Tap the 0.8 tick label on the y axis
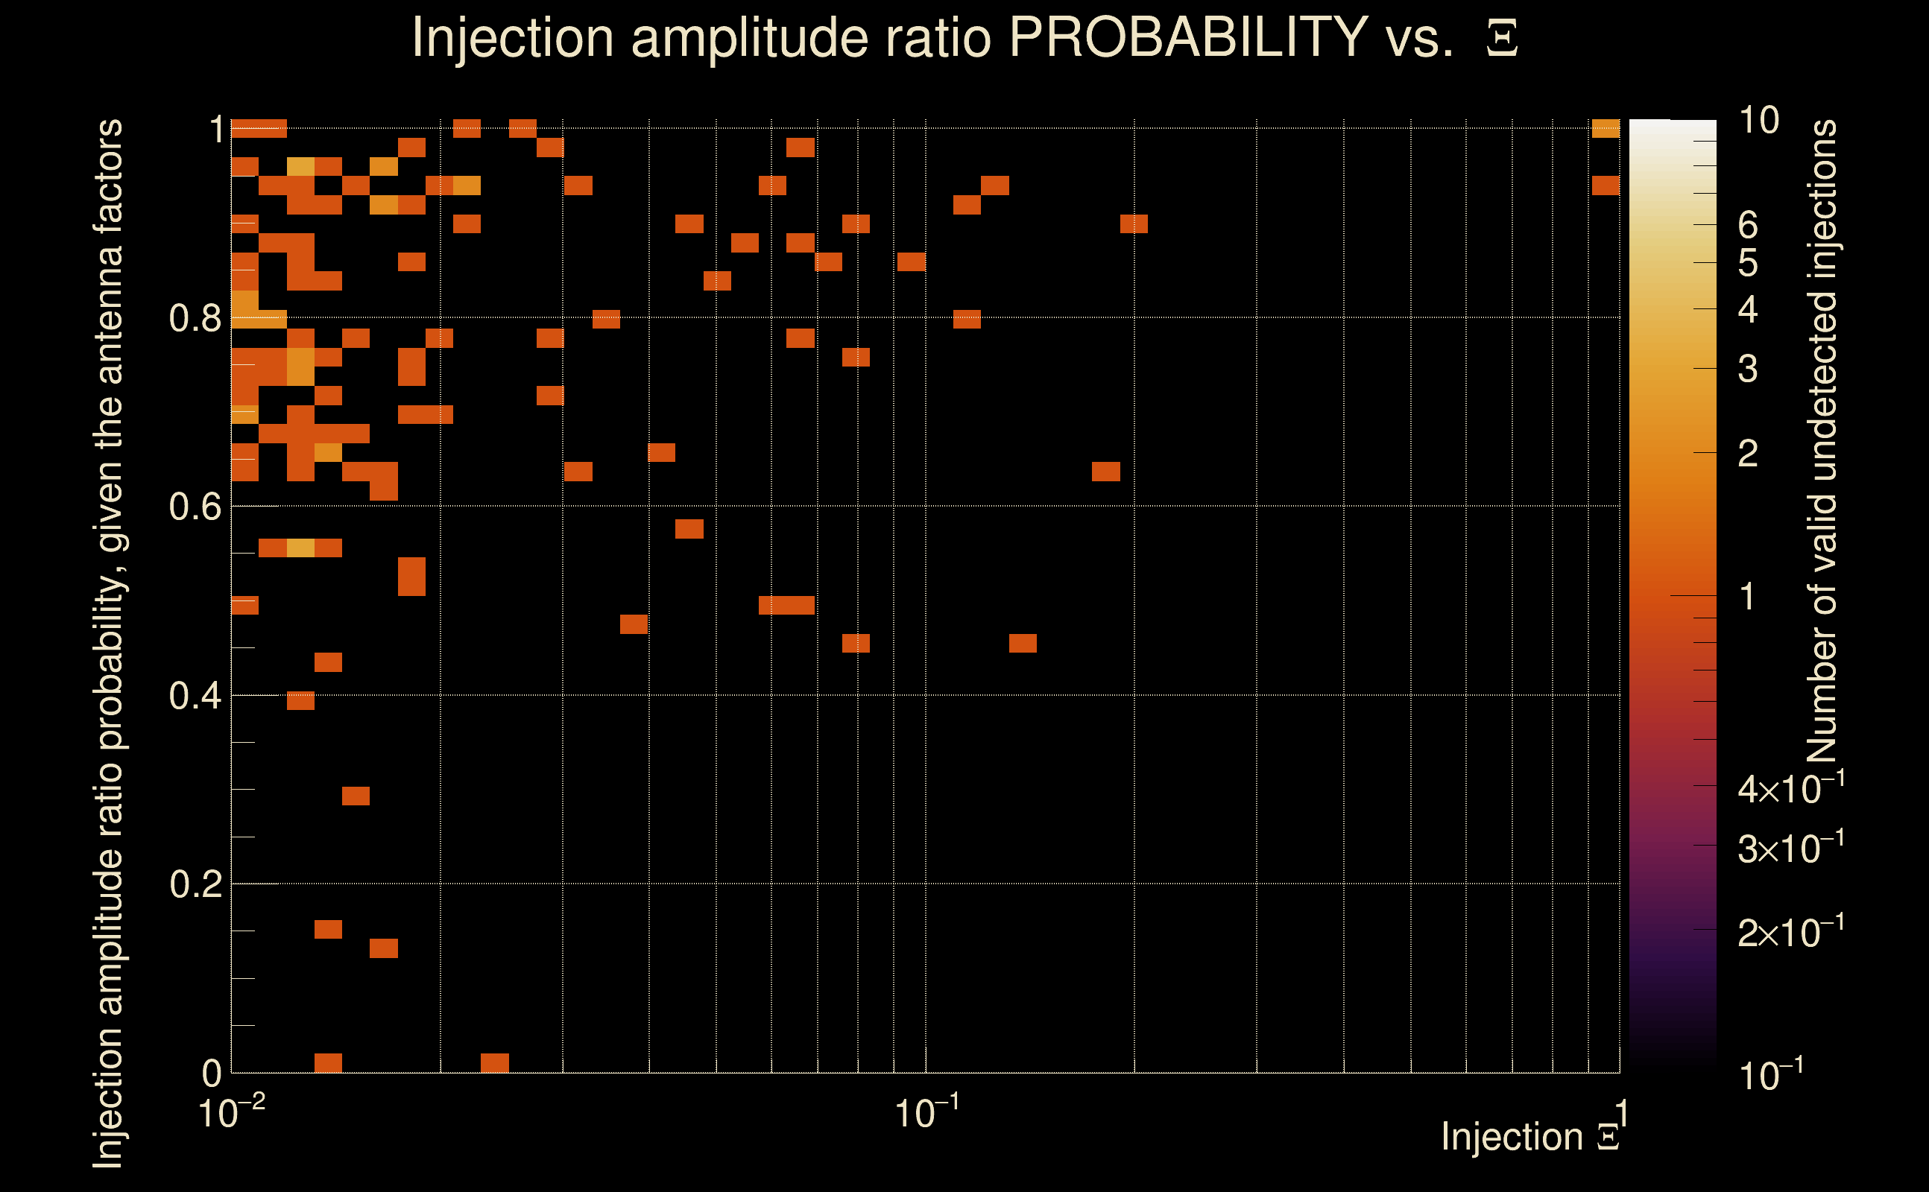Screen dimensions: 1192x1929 [x=195, y=319]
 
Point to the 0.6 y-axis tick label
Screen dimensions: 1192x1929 [x=195, y=507]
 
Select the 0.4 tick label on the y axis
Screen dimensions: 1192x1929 [x=195, y=696]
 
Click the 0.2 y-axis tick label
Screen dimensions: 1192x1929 [x=195, y=884]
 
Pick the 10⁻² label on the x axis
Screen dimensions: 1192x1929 [x=230, y=1112]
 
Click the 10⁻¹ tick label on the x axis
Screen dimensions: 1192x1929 [x=926, y=1112]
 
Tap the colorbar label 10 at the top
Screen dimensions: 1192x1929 [x=1758, y=121]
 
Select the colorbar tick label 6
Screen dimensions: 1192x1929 [x=1747, y=226]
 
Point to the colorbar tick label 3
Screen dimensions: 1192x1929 [x=1747, y=369]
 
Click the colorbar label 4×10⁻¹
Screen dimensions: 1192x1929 [x=1790, y=788]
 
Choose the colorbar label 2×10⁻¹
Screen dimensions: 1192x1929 [x=1790, y=932]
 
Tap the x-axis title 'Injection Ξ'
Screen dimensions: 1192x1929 [x=1529, y=1137]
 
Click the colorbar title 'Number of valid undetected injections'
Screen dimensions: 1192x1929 [x=1821, y=442]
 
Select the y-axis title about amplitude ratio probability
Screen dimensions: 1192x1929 [x=108, y=643]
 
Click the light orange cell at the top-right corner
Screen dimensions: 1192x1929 [x=1606, y=128]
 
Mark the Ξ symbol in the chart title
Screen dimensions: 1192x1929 [x=1502, y=39]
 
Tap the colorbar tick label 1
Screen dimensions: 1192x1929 [x=1747, y=597]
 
